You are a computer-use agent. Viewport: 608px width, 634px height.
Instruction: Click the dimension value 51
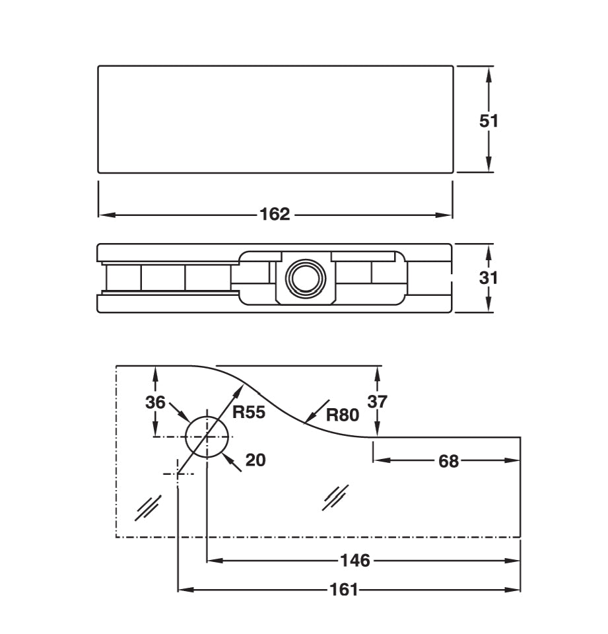[489, 121]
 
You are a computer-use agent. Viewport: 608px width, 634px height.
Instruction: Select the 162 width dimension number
[275, 215]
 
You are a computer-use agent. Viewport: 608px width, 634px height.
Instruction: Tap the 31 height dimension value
[489, 277]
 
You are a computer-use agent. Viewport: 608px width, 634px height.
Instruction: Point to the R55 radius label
[249, 413]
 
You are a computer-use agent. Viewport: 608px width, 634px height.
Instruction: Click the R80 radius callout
[342, 415]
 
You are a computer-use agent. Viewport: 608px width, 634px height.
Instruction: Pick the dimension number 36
[155, 402]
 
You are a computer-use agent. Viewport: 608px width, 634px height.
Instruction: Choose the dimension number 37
[378, 401]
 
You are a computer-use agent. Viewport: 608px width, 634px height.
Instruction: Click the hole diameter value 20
[255, 460]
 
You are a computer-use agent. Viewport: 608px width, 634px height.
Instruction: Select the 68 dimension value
[448, 461]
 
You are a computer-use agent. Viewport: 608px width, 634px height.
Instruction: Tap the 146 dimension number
[355, 561]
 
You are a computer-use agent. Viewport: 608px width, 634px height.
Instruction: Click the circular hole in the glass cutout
[207, 437]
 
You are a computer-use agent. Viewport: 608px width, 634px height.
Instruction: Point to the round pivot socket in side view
[303, 277]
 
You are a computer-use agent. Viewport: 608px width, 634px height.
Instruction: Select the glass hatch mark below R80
[335, 497]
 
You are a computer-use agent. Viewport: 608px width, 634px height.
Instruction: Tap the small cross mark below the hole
[178, 473]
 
